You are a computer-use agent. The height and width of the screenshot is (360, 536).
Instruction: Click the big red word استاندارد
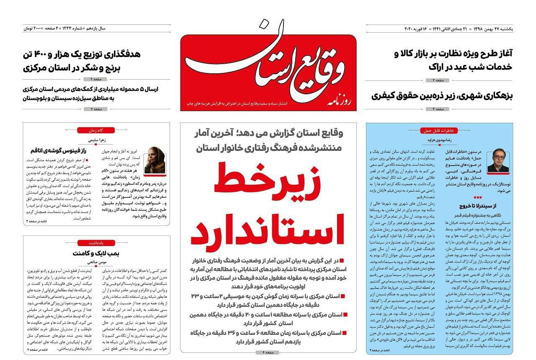point(268,231)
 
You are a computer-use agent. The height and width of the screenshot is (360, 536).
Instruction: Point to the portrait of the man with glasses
point(498,163)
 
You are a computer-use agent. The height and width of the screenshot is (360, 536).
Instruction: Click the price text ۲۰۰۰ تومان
point(33,28)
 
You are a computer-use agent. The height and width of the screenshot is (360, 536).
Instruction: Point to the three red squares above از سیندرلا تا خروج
point(477,197)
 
